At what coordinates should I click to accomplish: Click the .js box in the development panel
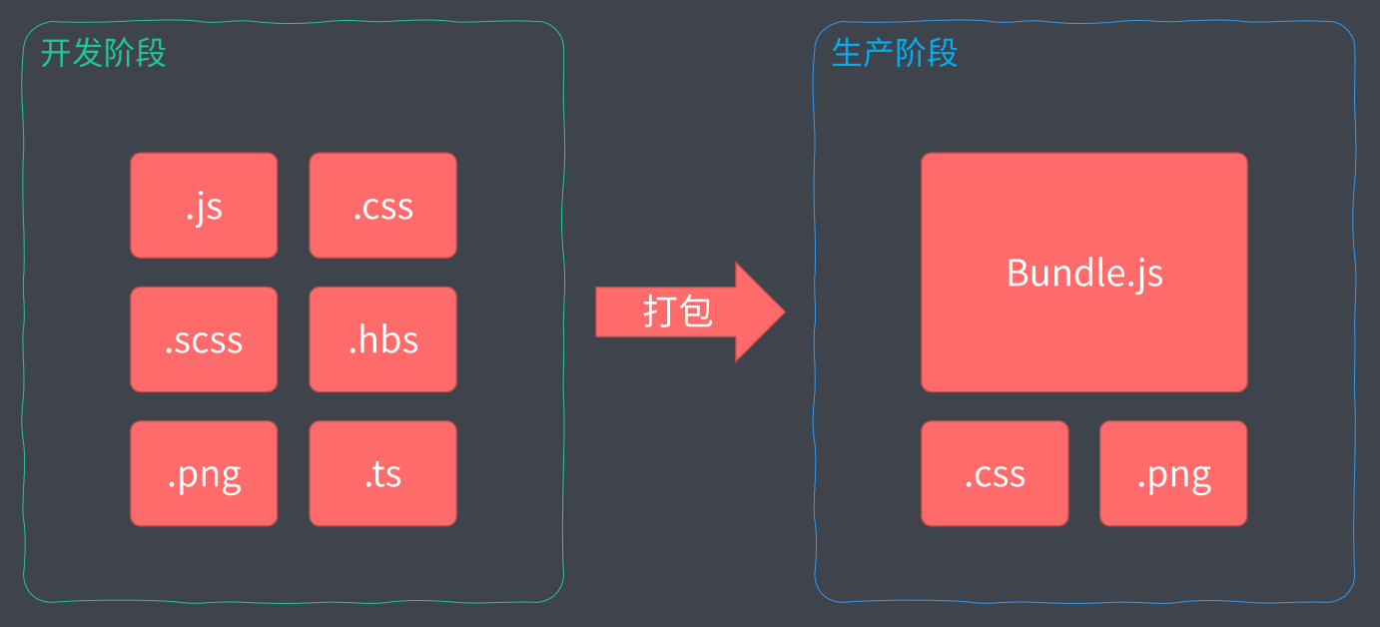(204, 206)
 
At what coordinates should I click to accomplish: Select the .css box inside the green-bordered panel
(382, 206)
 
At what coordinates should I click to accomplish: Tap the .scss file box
(204, 339)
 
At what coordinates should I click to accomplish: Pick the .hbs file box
(382, 339)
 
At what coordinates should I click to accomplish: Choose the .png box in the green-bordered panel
(204, 473)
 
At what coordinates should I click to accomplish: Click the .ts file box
(382, 473)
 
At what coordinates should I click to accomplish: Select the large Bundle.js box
(1083, 272)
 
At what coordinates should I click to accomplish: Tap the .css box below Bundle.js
(995, 473)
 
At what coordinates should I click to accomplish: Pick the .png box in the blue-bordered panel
(1173, 473)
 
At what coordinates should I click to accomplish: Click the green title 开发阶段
(103, 53)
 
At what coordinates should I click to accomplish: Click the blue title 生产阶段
(894, 53)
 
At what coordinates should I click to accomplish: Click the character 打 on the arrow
(660, 312)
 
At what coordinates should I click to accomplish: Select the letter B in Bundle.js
(1018, 272)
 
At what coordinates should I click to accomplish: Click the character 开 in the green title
(56, 53)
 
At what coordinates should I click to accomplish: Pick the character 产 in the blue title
(879, 53)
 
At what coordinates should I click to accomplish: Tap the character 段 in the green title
(151, 53)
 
